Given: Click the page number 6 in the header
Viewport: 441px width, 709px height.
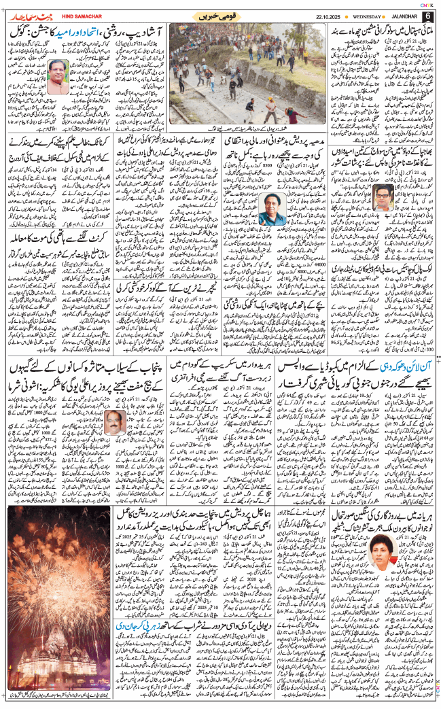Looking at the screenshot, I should [x=428, y=16].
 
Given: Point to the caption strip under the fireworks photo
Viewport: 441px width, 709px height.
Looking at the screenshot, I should [x=64, y=697].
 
